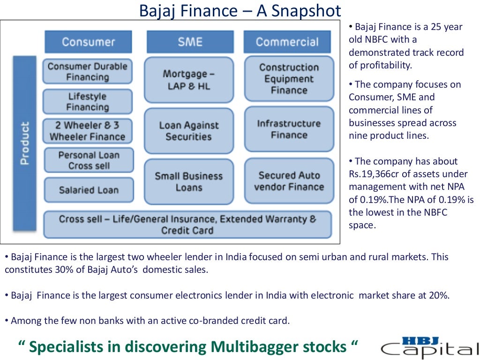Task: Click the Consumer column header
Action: click(88, 42)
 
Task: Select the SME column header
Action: click(190, 42)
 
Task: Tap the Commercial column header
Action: click(287, 42)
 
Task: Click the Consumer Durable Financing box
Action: click(88, 72)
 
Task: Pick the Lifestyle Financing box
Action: click(88, 102)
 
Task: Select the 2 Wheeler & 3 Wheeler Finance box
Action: click(88, 131)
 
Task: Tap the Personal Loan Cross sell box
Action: click(89, 160)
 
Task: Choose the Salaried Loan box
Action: click(89, 190)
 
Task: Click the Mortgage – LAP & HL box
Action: click(188, 80)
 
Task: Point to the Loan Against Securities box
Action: click(188, 131)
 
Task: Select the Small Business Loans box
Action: click(188, 182)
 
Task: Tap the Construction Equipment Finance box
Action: click(289, 79)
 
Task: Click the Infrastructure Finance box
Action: click(289, 129)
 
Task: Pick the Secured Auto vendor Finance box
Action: click(289, 181)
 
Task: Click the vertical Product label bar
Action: click(25, 143)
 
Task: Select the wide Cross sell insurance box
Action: click(187, 225)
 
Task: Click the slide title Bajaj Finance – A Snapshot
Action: click(240, 10)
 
